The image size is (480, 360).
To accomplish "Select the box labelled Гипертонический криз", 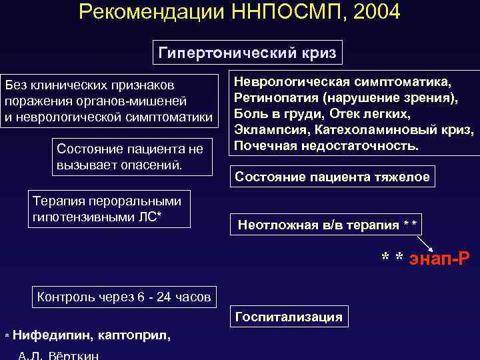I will coord(247,53).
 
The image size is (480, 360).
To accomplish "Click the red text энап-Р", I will coord(437,259).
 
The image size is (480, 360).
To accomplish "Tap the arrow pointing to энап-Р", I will coord(425,241).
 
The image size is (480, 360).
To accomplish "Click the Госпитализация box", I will coord(289,317).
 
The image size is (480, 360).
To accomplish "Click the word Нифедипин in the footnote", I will coord(46,336).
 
